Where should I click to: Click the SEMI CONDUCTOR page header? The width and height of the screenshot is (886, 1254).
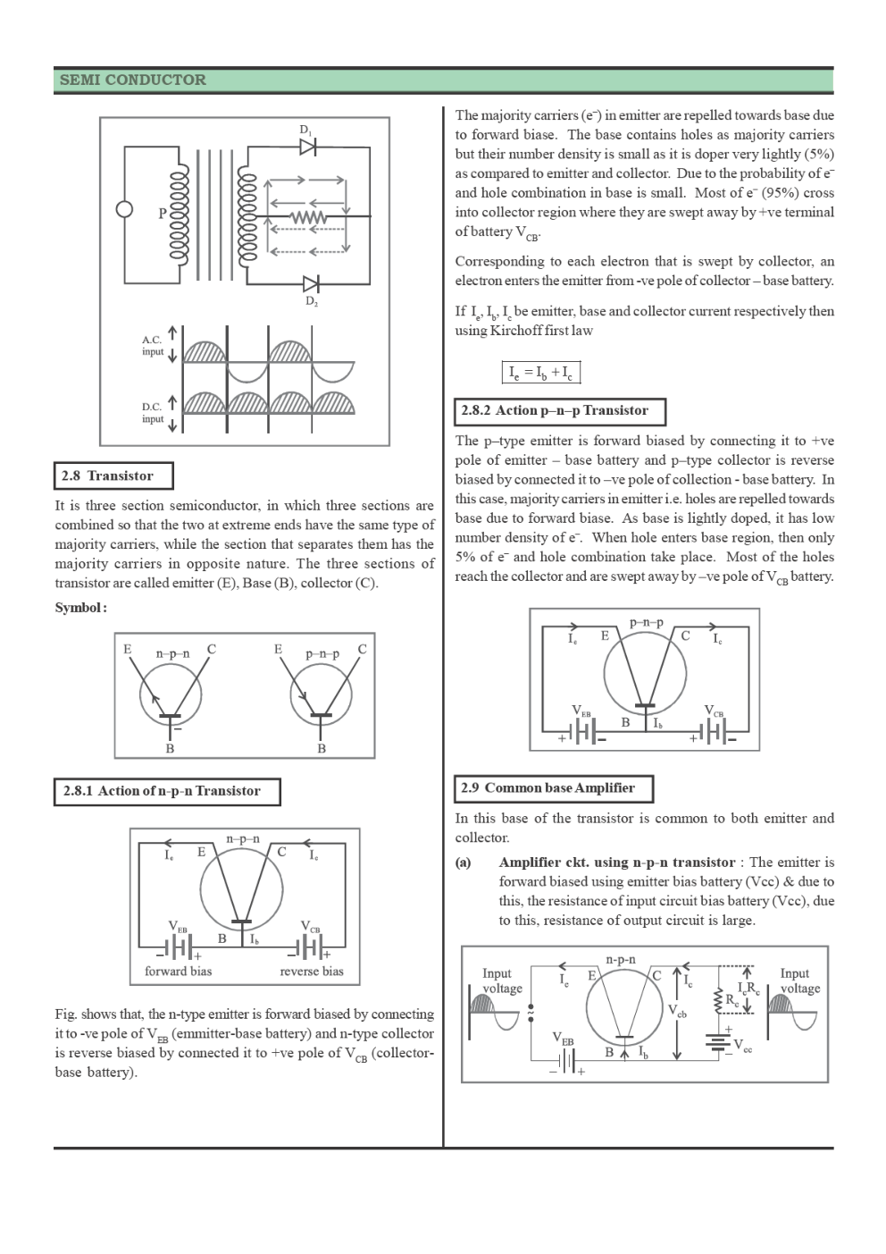pyautogui.click(x=132, y=80)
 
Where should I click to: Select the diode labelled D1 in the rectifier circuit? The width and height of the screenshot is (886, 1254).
pyautogui.click(x=308, y=146)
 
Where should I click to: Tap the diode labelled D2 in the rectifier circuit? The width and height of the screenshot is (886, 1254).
pyautogui.click(x=311, y=284)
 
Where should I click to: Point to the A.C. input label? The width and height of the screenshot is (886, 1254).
pyautogui.click(x=153, y=346)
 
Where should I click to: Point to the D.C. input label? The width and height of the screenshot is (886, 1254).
pyautogui.click(x=153, y=413)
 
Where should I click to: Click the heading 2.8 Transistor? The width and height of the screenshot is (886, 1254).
pyautogui.click(x=113, y=476)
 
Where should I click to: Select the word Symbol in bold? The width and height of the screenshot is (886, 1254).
pyautogui.click(x=80, y=608)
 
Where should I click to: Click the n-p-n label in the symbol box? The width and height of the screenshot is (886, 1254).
pyautogui.click(x=172, y=653)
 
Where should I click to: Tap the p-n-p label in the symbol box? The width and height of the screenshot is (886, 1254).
pyautogui.click(x=322, y=653)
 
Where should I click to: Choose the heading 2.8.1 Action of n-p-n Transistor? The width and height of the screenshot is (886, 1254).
pyautogui.click(x=166, y=791)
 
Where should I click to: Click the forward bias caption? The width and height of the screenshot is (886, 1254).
pyautogui.click(x=178, y=972)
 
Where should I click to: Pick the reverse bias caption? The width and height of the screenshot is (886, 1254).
pyautogui.click(x=311, y=972)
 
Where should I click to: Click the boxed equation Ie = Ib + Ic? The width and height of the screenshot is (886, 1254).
pyautogui.click(x=540, y=372)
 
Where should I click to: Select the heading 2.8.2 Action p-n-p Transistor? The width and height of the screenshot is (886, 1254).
pyautogui.click(x=559, y=411)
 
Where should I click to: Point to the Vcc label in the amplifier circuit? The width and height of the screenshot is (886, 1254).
pyautogui.click(x=742, y=1046)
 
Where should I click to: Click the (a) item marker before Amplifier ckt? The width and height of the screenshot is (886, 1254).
pyautogui.click(x=464, y=863)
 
